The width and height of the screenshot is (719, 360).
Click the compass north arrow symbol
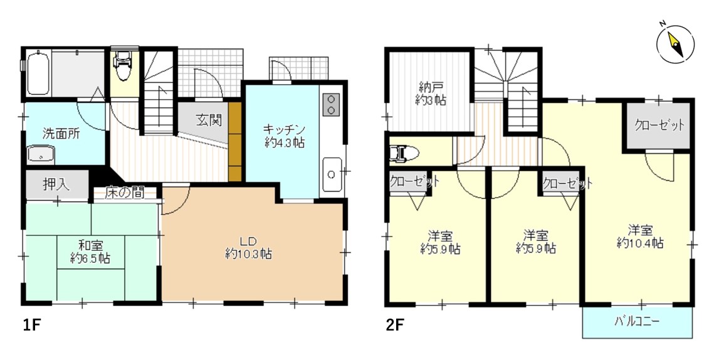click(x=676, y=45)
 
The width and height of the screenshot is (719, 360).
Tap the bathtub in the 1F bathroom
click(x=38, y=73)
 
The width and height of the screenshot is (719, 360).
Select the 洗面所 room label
click(x=61, y=134)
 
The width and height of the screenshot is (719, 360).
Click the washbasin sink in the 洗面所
click(x=41, y=154)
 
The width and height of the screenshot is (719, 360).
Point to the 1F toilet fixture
click(x=122, y=65)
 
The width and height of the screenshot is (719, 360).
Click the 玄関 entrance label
click(x=209, y=120)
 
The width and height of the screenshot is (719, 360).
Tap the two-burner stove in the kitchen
click(x=332, y=105)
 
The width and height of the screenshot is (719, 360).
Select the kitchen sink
click(x=332, y=174)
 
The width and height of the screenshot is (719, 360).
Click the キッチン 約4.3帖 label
click(x=285, y=135)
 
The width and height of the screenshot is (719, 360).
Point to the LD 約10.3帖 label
click(x=248, y=247)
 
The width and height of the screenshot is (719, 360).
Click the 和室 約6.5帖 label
click(x=90, y=251)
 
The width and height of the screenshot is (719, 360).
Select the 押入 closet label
click(x=56, y=185)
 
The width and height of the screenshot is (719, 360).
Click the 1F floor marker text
click(x=32, y=325)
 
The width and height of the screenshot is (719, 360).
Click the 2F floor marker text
click(x=395, y=325)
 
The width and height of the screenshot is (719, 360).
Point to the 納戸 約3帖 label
click(x=432, y=93)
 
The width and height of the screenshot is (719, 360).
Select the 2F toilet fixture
click(x=404, y=154)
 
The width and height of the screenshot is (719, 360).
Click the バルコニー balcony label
click(x=638, y=322)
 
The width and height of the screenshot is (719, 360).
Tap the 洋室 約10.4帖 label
click(x=640, y=236)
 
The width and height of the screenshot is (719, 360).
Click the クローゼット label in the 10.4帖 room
click(x=659, y=125)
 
